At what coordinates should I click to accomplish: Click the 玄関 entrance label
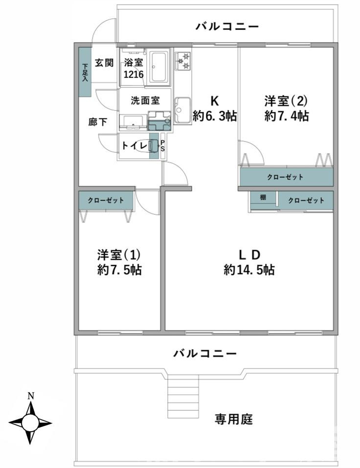click(104, 63)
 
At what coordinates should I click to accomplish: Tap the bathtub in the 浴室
click(159, 67)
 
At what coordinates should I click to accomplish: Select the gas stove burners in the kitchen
click(183, 61)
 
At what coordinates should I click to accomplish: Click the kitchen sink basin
click(182, 110)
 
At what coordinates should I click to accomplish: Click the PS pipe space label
click(162, 146)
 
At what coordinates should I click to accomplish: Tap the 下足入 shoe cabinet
click(85, 72)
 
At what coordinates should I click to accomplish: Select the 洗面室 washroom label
click(145, 100)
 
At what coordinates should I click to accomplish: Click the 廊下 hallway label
click(97, 122)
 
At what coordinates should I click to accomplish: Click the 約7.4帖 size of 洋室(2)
click(286, 116)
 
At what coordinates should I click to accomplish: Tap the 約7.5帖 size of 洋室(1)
click(119, 270)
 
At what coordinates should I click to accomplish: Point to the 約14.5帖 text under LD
click(249, 270)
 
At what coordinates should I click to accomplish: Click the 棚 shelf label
click(263, 197)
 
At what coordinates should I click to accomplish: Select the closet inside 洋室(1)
click(106, 200)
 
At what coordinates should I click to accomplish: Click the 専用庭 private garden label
click(233, 420)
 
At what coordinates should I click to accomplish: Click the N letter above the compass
click(30, 396)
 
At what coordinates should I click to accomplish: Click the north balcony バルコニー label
click(227, 26)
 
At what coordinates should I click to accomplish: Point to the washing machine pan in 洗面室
click(159, 121)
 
